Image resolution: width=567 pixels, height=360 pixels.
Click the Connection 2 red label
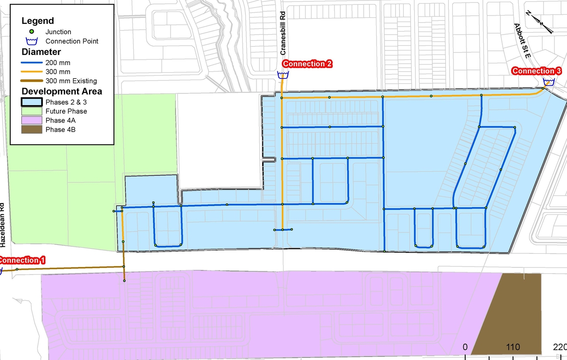pos(307,64)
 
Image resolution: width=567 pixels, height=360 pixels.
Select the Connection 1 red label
pos(21,260)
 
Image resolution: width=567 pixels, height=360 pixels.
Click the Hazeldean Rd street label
pos(3,225)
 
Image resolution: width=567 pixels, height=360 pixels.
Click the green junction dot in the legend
pos(31,32)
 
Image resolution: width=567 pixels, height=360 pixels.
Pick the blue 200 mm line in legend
pos(31,63)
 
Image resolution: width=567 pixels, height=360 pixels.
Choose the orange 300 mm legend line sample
pos(31,72)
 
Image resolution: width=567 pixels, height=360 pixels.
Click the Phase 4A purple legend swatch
pos(31,120)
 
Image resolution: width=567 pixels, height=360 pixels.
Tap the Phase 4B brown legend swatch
pos(31,130)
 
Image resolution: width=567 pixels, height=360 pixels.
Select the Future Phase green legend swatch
pos(31,111)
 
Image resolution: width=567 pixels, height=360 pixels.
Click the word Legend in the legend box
pos(38,21)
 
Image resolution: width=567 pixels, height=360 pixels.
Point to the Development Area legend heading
pos(62,91)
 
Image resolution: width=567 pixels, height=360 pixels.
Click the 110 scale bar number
pos(513,347)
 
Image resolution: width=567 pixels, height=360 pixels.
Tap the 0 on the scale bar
pos(465,347)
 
